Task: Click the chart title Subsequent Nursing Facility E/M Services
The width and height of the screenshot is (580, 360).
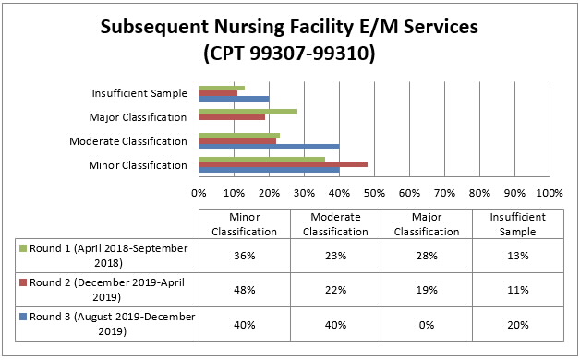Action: (289, 27)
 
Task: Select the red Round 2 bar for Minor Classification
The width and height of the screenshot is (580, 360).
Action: (283, 164)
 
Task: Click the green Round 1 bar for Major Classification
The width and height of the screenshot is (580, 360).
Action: (248, 111)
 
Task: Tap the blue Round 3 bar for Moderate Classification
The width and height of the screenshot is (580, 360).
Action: (269, 146)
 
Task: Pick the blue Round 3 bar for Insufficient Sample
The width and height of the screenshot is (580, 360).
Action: (234, 99)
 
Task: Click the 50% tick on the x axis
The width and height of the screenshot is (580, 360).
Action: (374, 193)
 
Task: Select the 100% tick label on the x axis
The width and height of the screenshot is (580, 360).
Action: (549, 193)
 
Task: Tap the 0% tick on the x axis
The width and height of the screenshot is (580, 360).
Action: (199, 193)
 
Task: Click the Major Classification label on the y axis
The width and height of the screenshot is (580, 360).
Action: (139, 117)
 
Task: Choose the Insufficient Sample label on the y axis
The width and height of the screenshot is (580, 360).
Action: (139, 93)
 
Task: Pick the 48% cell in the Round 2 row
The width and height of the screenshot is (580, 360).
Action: (242, 290)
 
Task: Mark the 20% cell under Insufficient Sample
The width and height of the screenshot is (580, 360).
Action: (517, 324)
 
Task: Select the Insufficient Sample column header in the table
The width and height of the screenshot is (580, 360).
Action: (517, 222)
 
